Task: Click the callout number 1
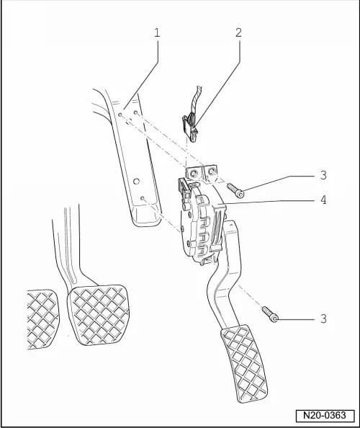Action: (x=157, y=32)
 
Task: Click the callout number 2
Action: (x=238, y=32)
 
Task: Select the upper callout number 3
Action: (x=323, y=175)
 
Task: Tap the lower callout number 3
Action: (x=323, y=318)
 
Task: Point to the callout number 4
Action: (x=323, y=200)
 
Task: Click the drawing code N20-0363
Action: (x=325, y=415)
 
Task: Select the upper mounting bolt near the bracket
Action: (x=235, y=190)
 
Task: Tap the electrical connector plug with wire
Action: (x=190, y=128)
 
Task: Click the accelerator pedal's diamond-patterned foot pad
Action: (x=244, y=363)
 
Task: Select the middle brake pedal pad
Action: (x=99, y=315)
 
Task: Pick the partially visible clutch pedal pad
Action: (x=42, y=319)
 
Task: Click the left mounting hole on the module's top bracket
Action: (x=193, y=173)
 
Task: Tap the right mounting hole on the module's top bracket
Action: (x=212, y=171)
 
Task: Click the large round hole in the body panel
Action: (x=137, y=181)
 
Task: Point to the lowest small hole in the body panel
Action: (x=142, y=198)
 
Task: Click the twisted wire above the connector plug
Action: (x=196, y=100)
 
